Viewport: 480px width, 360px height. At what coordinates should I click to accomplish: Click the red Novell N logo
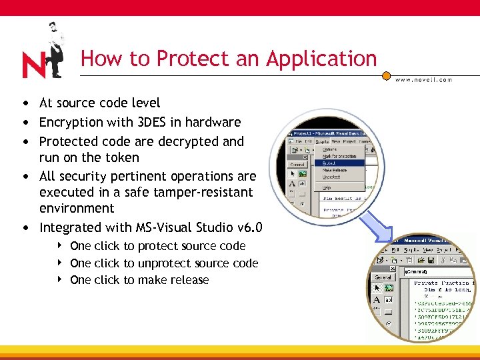click(34, 65)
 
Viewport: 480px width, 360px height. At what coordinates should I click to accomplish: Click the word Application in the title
click(321, 59)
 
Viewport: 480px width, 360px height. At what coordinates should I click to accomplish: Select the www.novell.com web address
click(423, 79)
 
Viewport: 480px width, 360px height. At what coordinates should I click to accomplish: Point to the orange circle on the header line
click(386, 76)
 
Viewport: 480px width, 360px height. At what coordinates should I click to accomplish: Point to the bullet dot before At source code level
click(25, 103)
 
